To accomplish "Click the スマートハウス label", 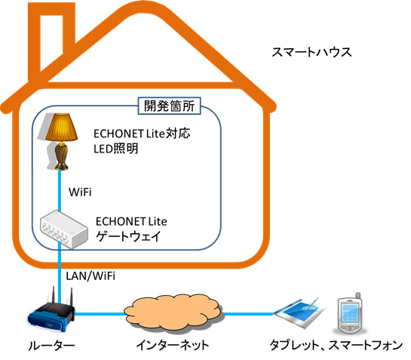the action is (311, 52).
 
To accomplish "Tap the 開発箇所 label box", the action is (170, 106).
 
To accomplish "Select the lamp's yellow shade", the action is (61, 127).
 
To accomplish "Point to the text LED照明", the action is (116, 149).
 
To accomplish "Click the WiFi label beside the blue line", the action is (80, 192).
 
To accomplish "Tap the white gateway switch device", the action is (63, 229).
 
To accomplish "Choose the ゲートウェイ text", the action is (128, 236).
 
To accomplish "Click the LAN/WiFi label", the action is (90, 275).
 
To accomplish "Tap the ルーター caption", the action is (51, 346).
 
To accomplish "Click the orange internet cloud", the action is (173, 313).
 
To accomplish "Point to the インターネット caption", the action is (173, 345).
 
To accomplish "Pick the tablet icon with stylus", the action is (299, 312).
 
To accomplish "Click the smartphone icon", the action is (350, 312).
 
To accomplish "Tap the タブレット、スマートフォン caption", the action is (336, 345).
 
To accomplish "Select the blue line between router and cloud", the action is (100, 314).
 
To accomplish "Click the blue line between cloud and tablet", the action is (249, 314).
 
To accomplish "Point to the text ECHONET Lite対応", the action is (142, 134).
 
